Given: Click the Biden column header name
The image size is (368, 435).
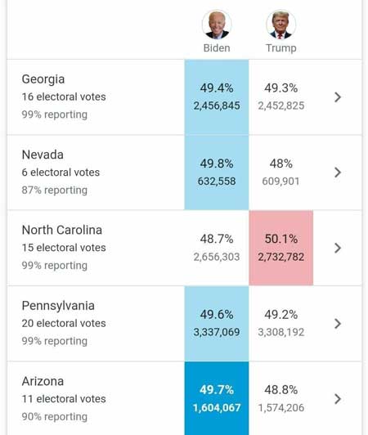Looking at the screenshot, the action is tap(217, 48).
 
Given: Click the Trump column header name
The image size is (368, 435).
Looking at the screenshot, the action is tap(280, 48).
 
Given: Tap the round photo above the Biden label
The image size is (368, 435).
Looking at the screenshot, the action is tap(217, 25).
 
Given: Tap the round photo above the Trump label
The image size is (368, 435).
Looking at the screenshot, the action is tap(280, 25).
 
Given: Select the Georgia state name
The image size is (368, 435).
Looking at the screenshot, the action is tap(43, 79).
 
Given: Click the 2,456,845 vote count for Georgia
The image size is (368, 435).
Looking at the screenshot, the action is tap(217, 105).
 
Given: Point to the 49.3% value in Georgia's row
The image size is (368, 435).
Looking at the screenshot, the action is tap(280, 88).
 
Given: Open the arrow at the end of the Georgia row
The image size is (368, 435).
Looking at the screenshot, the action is tap(338, 97).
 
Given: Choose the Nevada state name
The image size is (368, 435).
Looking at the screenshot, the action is tap(43, 155).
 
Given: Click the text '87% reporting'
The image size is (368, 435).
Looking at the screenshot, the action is tap(55, 190).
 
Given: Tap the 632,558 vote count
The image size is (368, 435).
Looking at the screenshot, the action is tap(217, 182).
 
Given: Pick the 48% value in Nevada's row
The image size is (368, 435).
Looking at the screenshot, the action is tap(280, 164).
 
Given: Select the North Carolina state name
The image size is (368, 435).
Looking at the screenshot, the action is tap(62, 230).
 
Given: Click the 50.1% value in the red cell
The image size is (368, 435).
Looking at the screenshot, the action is tap(280, 239).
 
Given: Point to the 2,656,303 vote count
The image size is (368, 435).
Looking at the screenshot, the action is tap(217, 257).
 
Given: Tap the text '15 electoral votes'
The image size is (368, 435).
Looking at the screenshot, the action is tap(64, 248).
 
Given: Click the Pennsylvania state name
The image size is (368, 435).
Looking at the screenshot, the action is tap(58, 306).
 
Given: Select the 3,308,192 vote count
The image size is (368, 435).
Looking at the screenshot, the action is tap(280, 332).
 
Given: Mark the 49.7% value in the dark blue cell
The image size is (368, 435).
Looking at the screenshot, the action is tap(217, 390).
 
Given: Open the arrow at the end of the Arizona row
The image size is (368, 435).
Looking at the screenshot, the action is tap(338, 399).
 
